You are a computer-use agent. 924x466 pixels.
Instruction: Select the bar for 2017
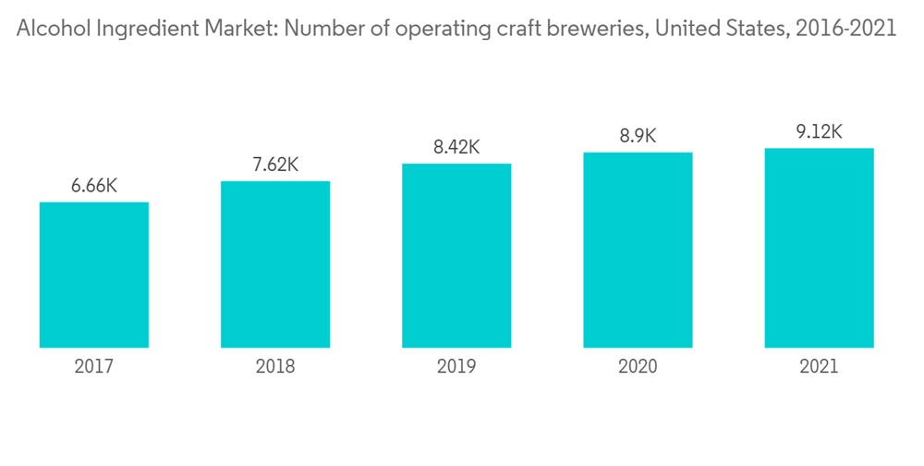pyautogui.click(x=94, y=275)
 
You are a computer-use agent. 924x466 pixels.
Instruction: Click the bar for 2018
pyautogui.click(x=275, y=264)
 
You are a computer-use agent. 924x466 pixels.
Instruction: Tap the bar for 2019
pyautogui.click(x=456, y=255)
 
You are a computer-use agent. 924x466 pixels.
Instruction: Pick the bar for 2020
pyautogui.click(x=638, y=250)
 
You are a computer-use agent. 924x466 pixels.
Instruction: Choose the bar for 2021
pyautogui.click(x=819, y=248)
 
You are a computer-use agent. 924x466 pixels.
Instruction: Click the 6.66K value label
pyautogui.click(x=94, y=186)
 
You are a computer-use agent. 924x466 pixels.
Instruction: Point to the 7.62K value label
pyautogui.click(x=275, y=165)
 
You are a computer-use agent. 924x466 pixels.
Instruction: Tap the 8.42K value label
pyautogui.click(x=456, y=147)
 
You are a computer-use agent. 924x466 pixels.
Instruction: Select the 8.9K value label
pyautogui.click(x=638, y=136)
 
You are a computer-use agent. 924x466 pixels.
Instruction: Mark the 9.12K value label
pyautogui.click(x=819, y=131)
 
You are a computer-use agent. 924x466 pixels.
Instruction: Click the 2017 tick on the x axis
pyautogui.click(x=94, y=367)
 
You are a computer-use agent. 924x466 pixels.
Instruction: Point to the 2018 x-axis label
pyautogui.click(x=275, y=367)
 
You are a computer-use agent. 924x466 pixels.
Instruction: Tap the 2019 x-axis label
pyautogui.click(x=456, y=367)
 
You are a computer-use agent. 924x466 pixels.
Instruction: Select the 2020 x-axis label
pyautogui.click(x=638, y=367)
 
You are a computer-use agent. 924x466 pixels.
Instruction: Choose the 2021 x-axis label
pyautogui.click(x=819, y=367)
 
